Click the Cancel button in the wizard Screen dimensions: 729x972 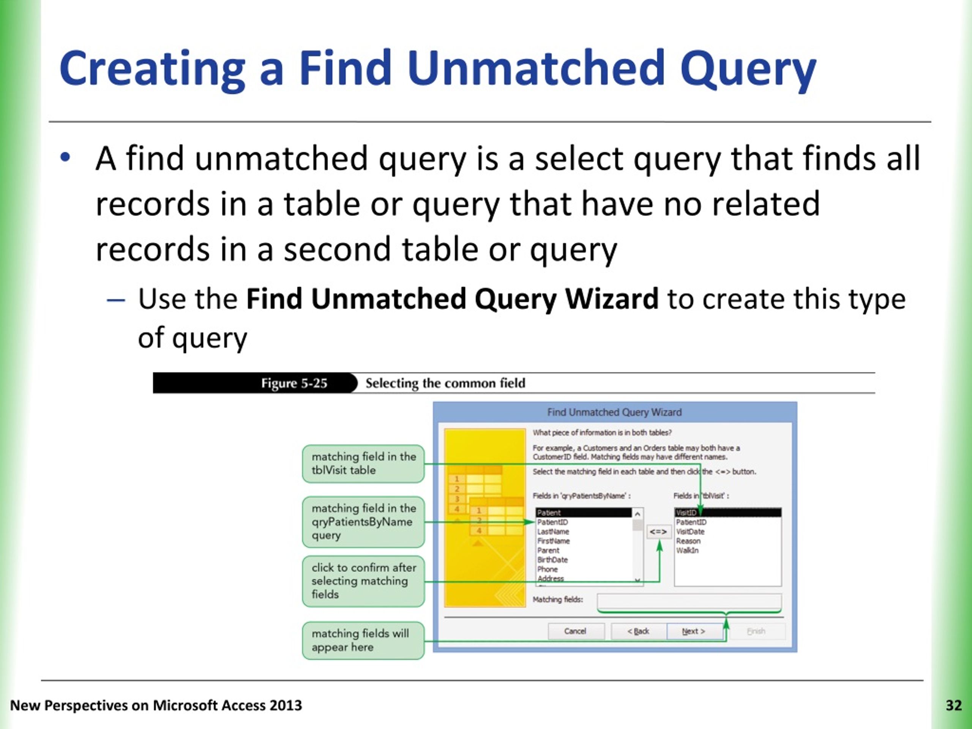(575, 631)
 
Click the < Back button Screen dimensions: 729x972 (638, 631)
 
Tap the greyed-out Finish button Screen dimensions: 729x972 (756, 631)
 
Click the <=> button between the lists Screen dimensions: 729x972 (658, 532)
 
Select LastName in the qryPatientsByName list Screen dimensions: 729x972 (553, 532)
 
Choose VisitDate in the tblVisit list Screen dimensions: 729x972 (690, 532)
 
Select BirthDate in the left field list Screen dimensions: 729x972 (552, 560)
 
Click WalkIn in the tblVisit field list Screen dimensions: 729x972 (687, 550)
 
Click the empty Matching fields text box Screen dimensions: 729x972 (689, 601)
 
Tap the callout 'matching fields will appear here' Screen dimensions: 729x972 (363, 640)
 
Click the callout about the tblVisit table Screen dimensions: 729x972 (363, 463)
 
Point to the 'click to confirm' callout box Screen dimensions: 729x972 (363, 581)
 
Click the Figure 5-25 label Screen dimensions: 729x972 (294, 383)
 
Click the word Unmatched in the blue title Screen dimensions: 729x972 (536, 68)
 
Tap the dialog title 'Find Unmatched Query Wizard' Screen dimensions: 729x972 (614, 412)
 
